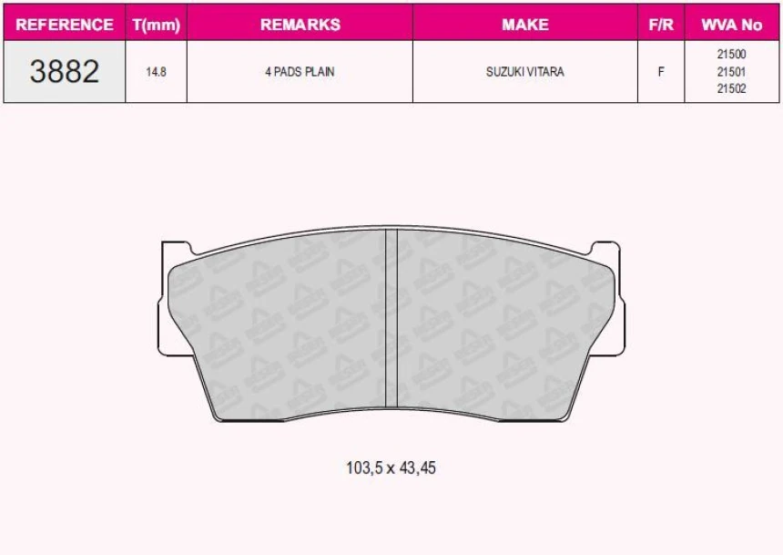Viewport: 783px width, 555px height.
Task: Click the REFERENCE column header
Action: pyautogui.click(x=65, y=25)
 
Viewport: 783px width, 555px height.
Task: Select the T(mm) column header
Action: pyautogui.click(x=156, y=25)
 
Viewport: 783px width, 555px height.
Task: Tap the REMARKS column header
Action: pyautogui.click(x=300, y=25)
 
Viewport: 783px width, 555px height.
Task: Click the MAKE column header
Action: pyautogui.click(x=524, y=25)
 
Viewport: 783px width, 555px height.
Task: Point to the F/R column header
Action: pyautogui.click(x=660, y=25)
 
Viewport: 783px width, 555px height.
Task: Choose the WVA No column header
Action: pyautogui.click(x=732, y=25)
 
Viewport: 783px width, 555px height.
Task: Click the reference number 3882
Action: pyautogui.click(x=64, y=71)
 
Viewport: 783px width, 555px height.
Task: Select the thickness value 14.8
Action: pyautogui.click(x=156, y=72)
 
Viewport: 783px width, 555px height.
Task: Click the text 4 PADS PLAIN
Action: pyautogui.click(x=300, y=72)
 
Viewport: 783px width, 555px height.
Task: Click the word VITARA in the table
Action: pyautogui.click(x=545, y=72)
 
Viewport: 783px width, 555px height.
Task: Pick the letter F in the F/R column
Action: pyautogui.click(x=660, y=72)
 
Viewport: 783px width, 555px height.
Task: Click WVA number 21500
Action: pyautogui.click(x=732, y=55)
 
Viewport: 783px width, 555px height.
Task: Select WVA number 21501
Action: pyautogui.click(x=732, y=72)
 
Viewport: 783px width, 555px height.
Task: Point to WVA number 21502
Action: pyautogui.click(x=732, y=88)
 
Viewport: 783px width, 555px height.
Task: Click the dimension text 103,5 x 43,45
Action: pyautogui.click(x=391, y=468)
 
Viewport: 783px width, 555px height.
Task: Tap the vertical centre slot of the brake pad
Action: pyautogui.click(x=391, y=319)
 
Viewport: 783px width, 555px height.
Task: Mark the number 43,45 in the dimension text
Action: pyautogui.click(x=417, y=468)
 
